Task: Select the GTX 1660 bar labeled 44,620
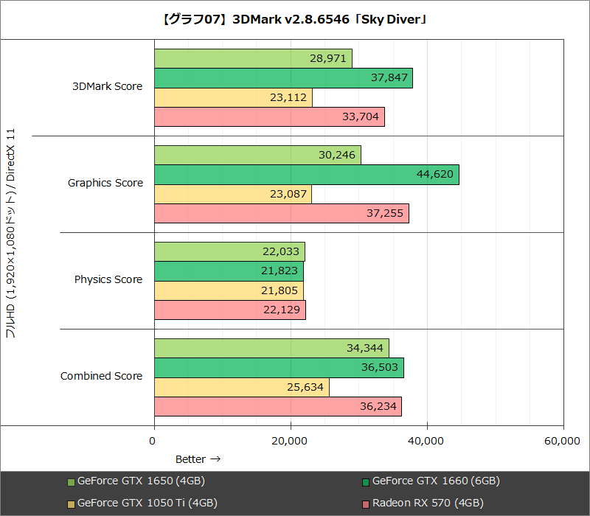pos(306,175)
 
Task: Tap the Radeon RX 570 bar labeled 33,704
pos(269,116)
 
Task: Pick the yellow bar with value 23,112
pos(233,97)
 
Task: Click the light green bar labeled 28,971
pos(253,58)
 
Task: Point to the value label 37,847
pos(386,78)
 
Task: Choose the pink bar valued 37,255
pos(281,213)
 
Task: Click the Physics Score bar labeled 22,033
pos(229,252)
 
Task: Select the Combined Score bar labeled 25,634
pos(241,388)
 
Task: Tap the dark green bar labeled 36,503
pos(279,368)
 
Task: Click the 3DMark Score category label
pos(107,86)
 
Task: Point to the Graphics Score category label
pos(105,183)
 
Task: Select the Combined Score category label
pos(102,376)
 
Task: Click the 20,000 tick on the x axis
pos(289,441)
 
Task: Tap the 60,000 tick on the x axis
pos(562,441)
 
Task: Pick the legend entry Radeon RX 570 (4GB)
pos(428,503)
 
